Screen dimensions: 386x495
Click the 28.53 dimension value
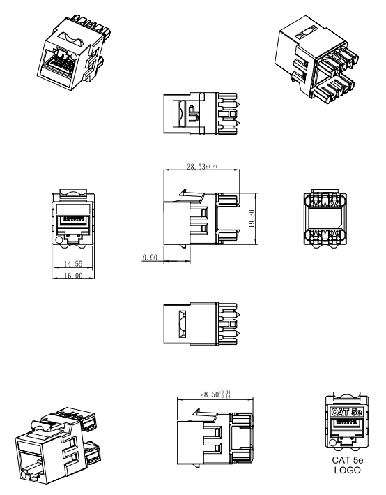point(196,166)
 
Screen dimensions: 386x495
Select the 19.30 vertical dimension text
point(252,219)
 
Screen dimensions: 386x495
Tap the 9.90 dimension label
point(150,258)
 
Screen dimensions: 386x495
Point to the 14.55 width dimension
point(72,264)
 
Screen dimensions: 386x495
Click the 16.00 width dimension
point(72,276)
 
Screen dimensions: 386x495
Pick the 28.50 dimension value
point(209,394)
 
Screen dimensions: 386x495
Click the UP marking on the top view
point(193,114)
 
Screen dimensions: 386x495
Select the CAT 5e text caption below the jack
point(347,460)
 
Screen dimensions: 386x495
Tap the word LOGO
point(347,470)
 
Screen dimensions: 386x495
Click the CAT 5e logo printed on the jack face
point(347,412)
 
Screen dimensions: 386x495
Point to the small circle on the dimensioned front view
point(59,240)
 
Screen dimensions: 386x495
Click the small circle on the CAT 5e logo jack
point(332,443)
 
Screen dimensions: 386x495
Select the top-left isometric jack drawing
point(75,53)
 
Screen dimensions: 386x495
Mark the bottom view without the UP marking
point(201,323)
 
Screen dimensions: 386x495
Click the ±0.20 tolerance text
point(211,166)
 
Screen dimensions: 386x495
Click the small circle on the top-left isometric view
point(75,58)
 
